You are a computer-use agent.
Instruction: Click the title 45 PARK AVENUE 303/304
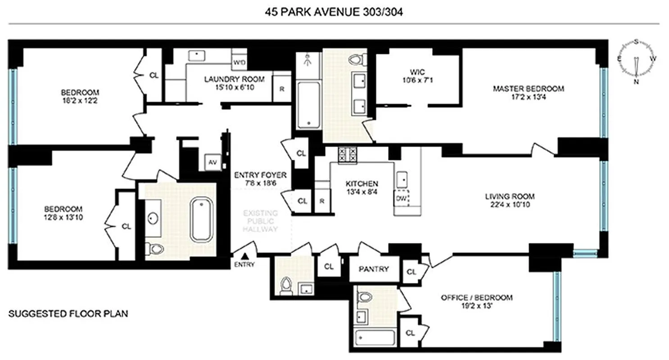(334, 12)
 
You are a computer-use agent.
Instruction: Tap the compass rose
(636, 61)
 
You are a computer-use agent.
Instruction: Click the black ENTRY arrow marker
(245, 256)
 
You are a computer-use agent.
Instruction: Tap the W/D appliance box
(239, 63)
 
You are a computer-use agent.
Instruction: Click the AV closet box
(212, 163)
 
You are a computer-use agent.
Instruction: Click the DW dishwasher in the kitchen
(402, 198)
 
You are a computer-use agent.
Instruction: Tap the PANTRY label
(373, 269)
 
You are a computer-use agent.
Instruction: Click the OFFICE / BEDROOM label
(477, 301)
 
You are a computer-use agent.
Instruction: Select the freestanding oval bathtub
(203, 220)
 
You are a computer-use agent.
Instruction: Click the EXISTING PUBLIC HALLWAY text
(261, 220)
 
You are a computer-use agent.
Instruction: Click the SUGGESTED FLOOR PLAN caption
(68, 313)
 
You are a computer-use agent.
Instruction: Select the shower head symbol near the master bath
(308, 59)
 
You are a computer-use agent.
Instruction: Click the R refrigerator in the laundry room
(282, 89)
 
